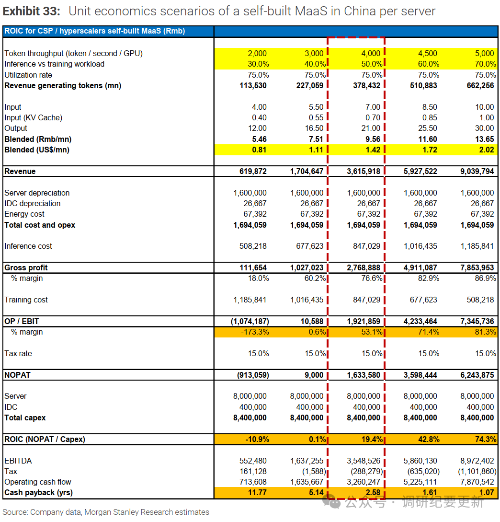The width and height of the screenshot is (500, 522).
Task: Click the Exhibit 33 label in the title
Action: pos(32,12)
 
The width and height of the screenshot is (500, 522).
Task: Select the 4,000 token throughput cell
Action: pos(371,53)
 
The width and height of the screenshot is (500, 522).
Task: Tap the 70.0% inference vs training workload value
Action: pos(485,64)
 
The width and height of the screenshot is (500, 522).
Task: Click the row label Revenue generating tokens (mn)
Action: pos(63,85)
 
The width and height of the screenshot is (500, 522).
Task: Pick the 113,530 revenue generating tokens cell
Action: pos(253,85)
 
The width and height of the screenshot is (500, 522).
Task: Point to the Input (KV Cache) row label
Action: pos(33,118)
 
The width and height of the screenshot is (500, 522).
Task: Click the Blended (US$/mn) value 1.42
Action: pos(373,150)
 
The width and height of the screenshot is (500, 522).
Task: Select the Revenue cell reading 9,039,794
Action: pos(477,172)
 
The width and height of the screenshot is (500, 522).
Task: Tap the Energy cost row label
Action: pos(24,214)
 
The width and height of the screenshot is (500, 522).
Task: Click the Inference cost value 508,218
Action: pos(253,246)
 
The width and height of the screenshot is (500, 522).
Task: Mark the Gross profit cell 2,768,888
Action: pos(364,267)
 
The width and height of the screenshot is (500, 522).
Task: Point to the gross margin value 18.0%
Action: pos(258,278)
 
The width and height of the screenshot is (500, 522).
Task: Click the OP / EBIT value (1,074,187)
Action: pos(250,321)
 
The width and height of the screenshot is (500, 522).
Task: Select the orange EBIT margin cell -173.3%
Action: pos(255,332)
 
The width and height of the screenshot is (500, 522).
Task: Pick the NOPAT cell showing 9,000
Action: pos(314,375)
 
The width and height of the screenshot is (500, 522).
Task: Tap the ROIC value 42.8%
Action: pos(429,440)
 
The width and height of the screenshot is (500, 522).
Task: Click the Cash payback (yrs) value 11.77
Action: pos(257,493)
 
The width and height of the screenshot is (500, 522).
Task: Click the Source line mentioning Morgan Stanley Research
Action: pos(106,512)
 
